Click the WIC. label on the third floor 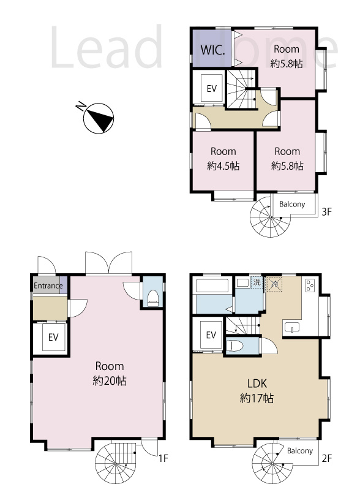point(212,50)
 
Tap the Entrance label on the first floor point(48,286)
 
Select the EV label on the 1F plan point(53,337)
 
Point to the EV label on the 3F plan point(212,89)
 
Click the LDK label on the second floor point(257,384)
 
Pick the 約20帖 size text point(110,381)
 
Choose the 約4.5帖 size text point(223,166)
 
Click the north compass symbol point(98,117)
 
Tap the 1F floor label point(163,458)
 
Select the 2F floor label point(327,458)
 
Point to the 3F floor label point(327,212)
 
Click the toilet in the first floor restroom point(153,298)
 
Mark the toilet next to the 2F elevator point(234,346)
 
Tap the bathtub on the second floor point(212,286)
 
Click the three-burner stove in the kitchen point(310,285)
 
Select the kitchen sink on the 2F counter point(292,327)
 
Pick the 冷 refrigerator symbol point(275,284)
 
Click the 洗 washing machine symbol point(257,282)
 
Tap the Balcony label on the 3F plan point(292,205)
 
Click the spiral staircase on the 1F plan point(115,463)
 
